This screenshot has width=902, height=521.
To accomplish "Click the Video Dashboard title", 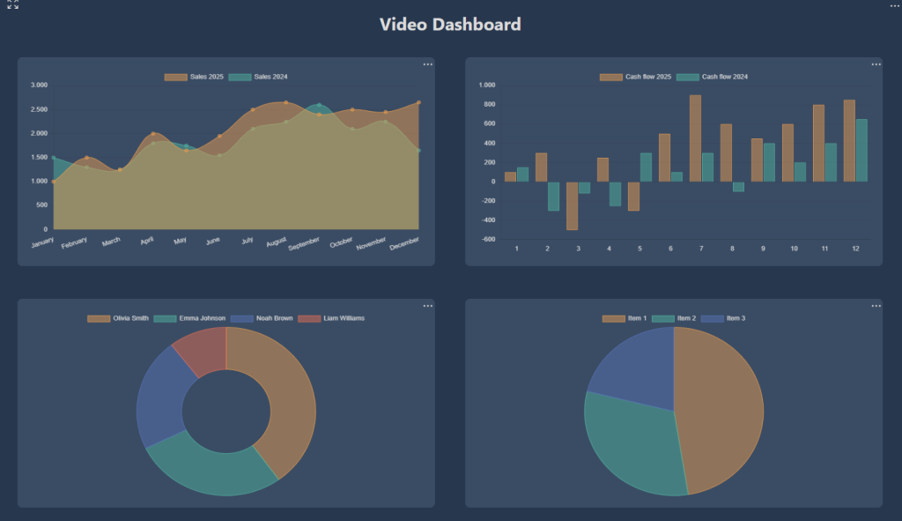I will [450, 24].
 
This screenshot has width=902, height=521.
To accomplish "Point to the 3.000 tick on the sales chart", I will [39, 86].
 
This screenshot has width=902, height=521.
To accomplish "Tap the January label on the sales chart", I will [42, 241].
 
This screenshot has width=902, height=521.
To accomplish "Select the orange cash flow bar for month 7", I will [695, 138].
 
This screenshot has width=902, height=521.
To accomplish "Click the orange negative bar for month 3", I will [572, 205].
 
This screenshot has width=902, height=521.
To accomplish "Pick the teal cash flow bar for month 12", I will [861, 151].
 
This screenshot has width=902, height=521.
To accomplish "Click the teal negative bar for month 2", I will [553, 196].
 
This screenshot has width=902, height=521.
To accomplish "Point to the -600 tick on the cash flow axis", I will [486, 240].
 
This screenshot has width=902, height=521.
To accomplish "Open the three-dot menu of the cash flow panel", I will [876, 64].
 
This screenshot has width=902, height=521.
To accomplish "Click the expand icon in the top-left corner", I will [13, 4].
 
